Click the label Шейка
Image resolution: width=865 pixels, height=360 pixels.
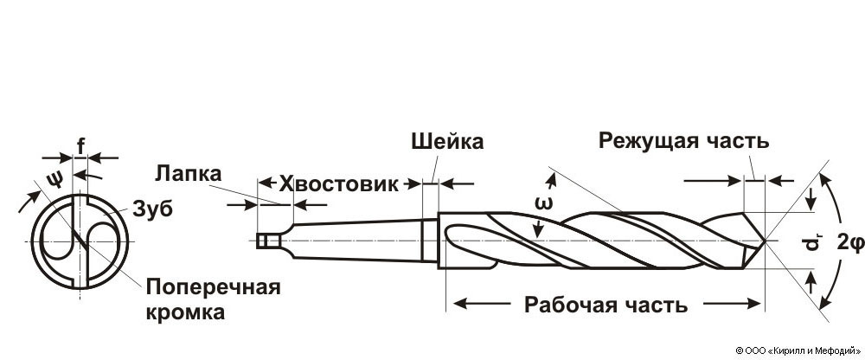[x=446, y=141]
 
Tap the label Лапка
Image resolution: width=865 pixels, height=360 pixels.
[x=188, y=172]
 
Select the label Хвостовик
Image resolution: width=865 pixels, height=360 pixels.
[x=338, y=183]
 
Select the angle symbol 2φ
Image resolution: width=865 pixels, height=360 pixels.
[x=850, y=243]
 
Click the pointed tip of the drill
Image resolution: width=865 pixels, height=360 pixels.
[x=766, y=241]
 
